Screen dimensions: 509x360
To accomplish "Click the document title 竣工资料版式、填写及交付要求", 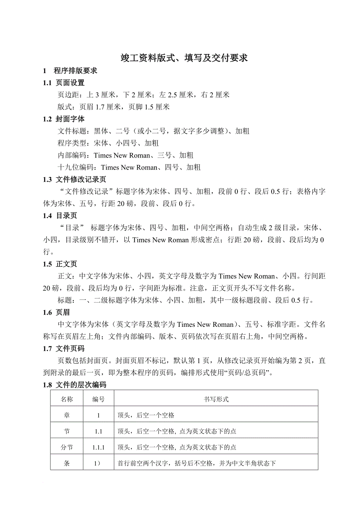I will [184, 58].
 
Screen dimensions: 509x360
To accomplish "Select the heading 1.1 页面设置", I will [64, 83].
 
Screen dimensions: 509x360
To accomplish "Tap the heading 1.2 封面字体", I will [64, 119].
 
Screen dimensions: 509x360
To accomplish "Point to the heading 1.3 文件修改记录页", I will [74, 179].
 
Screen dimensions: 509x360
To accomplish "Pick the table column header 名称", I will [67, 399].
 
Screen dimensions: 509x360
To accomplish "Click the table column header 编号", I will [98, 399].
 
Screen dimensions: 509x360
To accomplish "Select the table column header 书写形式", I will [216, 399].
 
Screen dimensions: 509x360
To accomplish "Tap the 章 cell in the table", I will [67, 415].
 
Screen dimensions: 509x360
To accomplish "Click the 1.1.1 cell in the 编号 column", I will [98, 447].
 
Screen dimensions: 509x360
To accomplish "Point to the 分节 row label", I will [67, 447].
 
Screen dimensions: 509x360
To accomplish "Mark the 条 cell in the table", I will [67, 463].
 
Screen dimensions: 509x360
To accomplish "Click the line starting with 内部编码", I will [129, 155].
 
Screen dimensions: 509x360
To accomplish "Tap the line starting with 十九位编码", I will [129, 167].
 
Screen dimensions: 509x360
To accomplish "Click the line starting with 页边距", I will [143, 95].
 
